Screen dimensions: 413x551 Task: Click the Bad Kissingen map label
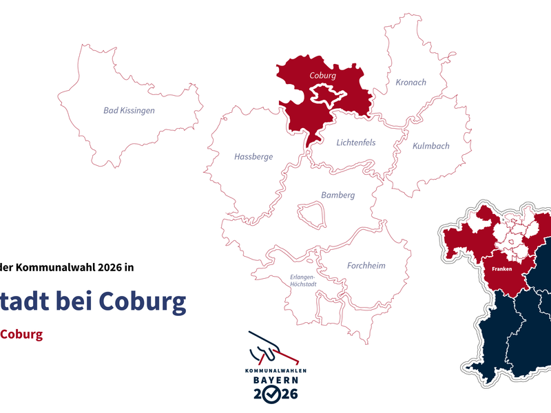coord(129,110)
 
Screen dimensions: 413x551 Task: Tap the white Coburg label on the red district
coord(322,75)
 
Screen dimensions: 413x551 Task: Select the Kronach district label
coord(410,83)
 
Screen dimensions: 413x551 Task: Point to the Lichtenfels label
coord(356,143)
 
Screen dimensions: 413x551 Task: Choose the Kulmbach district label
coord(430,146)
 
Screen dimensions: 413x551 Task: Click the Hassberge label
coord(253,157)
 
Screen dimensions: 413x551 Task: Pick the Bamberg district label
coord(337,195)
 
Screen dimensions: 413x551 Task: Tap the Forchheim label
coord(366,266)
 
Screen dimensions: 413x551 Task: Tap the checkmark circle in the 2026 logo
coord(273,394)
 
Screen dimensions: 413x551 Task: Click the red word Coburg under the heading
coord(21,335)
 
